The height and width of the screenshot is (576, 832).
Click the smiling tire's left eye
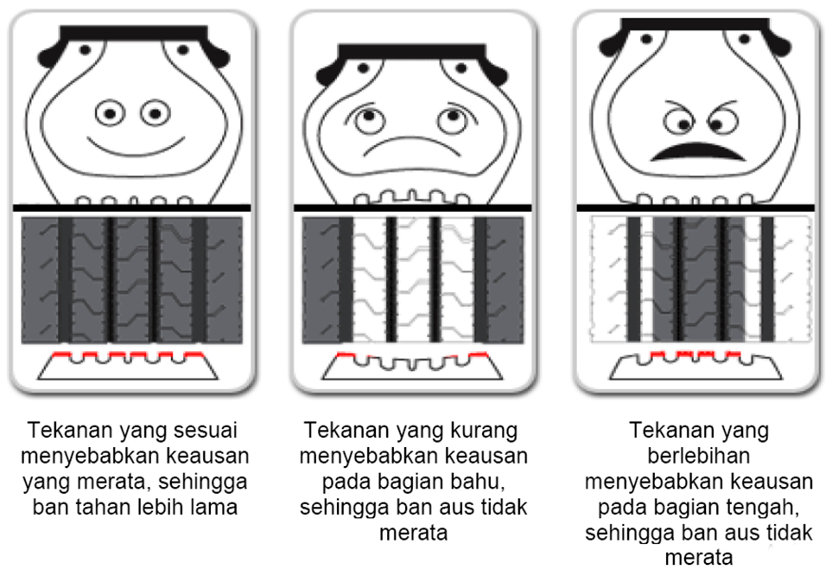(111, 112)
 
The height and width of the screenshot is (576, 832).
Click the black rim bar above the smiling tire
(135, 35)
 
